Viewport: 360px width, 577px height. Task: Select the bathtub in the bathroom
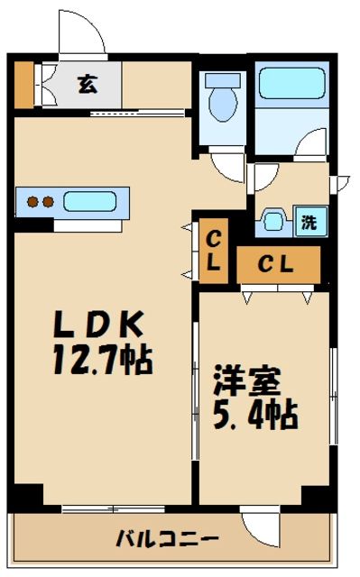[291, 88]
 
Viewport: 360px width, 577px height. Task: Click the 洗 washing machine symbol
[309, 221]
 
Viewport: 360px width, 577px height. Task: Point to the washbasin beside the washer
[273, 221]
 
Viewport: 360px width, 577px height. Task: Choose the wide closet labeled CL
[278, 264]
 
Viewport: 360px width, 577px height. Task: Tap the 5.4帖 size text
[254, 417]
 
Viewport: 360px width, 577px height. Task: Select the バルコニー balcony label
[167, 539]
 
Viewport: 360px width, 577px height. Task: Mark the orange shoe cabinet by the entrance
[23, 82]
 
